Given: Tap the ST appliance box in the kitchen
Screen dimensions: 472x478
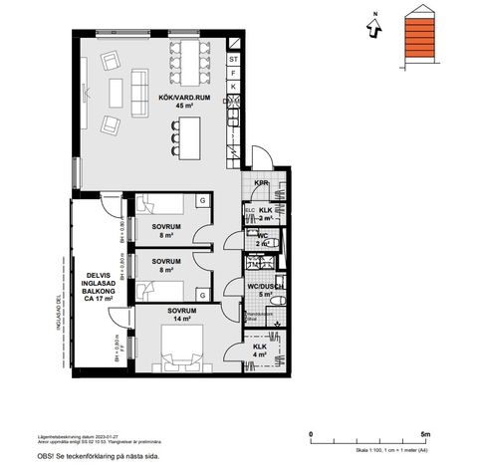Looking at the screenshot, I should click(x=233, y=60).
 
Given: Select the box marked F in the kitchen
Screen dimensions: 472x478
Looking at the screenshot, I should click(x=233, y=74).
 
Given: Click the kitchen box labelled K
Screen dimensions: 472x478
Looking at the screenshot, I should click(x=233, y=88).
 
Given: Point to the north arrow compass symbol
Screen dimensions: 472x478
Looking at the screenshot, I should click(x=372, y=28).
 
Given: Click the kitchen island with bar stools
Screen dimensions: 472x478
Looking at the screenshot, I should click(x=185, y=135).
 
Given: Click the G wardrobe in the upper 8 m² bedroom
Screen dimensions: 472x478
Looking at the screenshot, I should click(x=202, y=201).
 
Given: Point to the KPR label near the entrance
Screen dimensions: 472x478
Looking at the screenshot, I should click(x=261, y=183).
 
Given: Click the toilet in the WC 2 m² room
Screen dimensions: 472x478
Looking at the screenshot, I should click(x=278, y=237).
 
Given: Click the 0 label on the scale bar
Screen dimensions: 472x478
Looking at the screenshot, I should click(x=313, y=434).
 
